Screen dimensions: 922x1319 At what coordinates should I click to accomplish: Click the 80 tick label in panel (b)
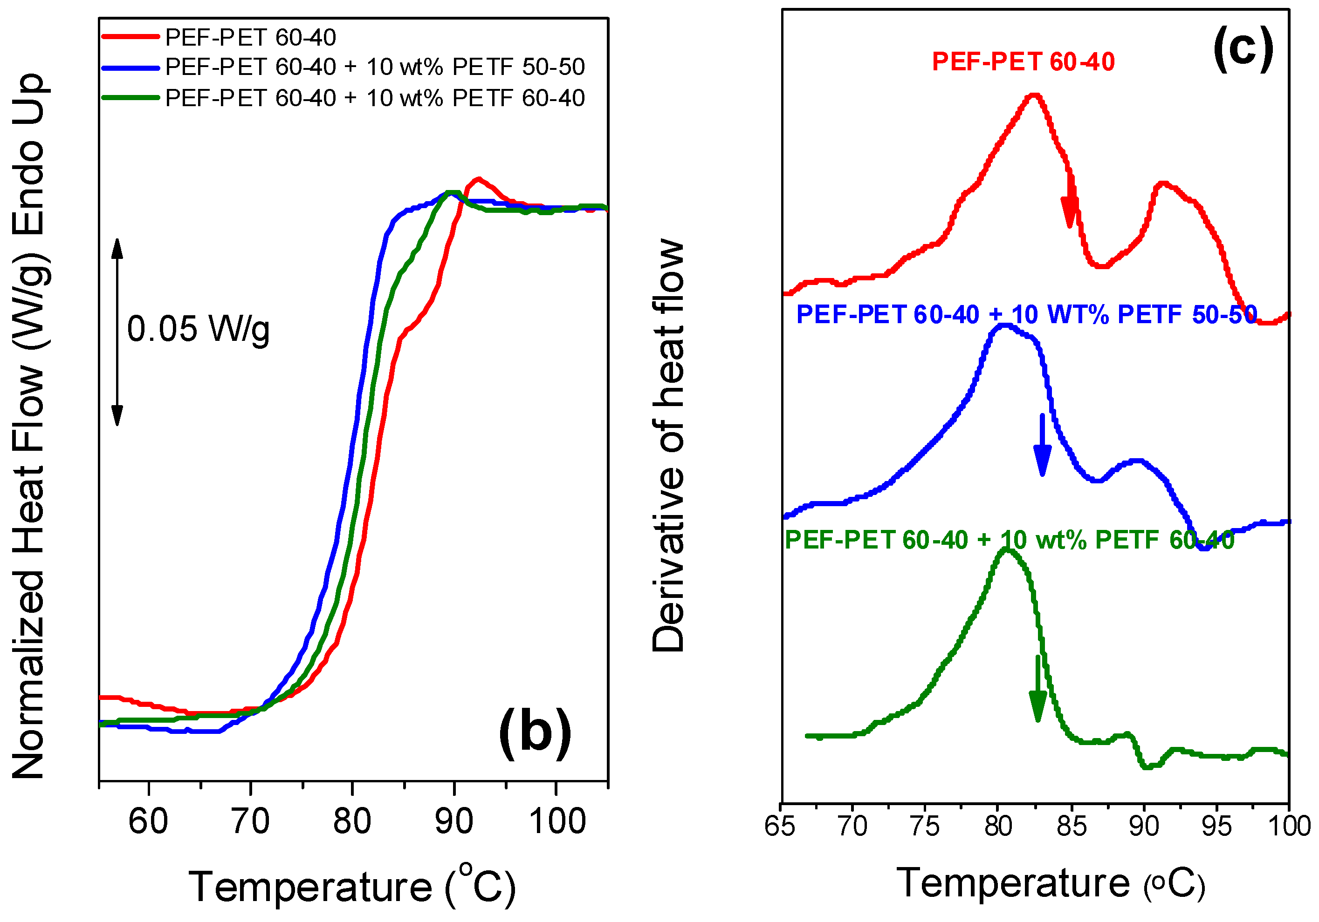click(352, 821)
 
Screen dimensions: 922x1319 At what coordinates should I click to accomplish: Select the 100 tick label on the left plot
click(556, 821)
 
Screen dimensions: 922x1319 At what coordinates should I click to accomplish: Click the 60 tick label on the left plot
click(148, 821)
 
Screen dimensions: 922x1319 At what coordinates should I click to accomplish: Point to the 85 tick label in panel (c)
click(1072, 827)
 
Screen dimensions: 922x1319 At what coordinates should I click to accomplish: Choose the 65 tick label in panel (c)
click(780, 827)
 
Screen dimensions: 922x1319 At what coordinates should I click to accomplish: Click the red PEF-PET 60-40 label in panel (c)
click(1023, 62)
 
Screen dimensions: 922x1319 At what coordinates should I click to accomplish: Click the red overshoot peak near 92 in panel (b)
click(478, 180)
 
